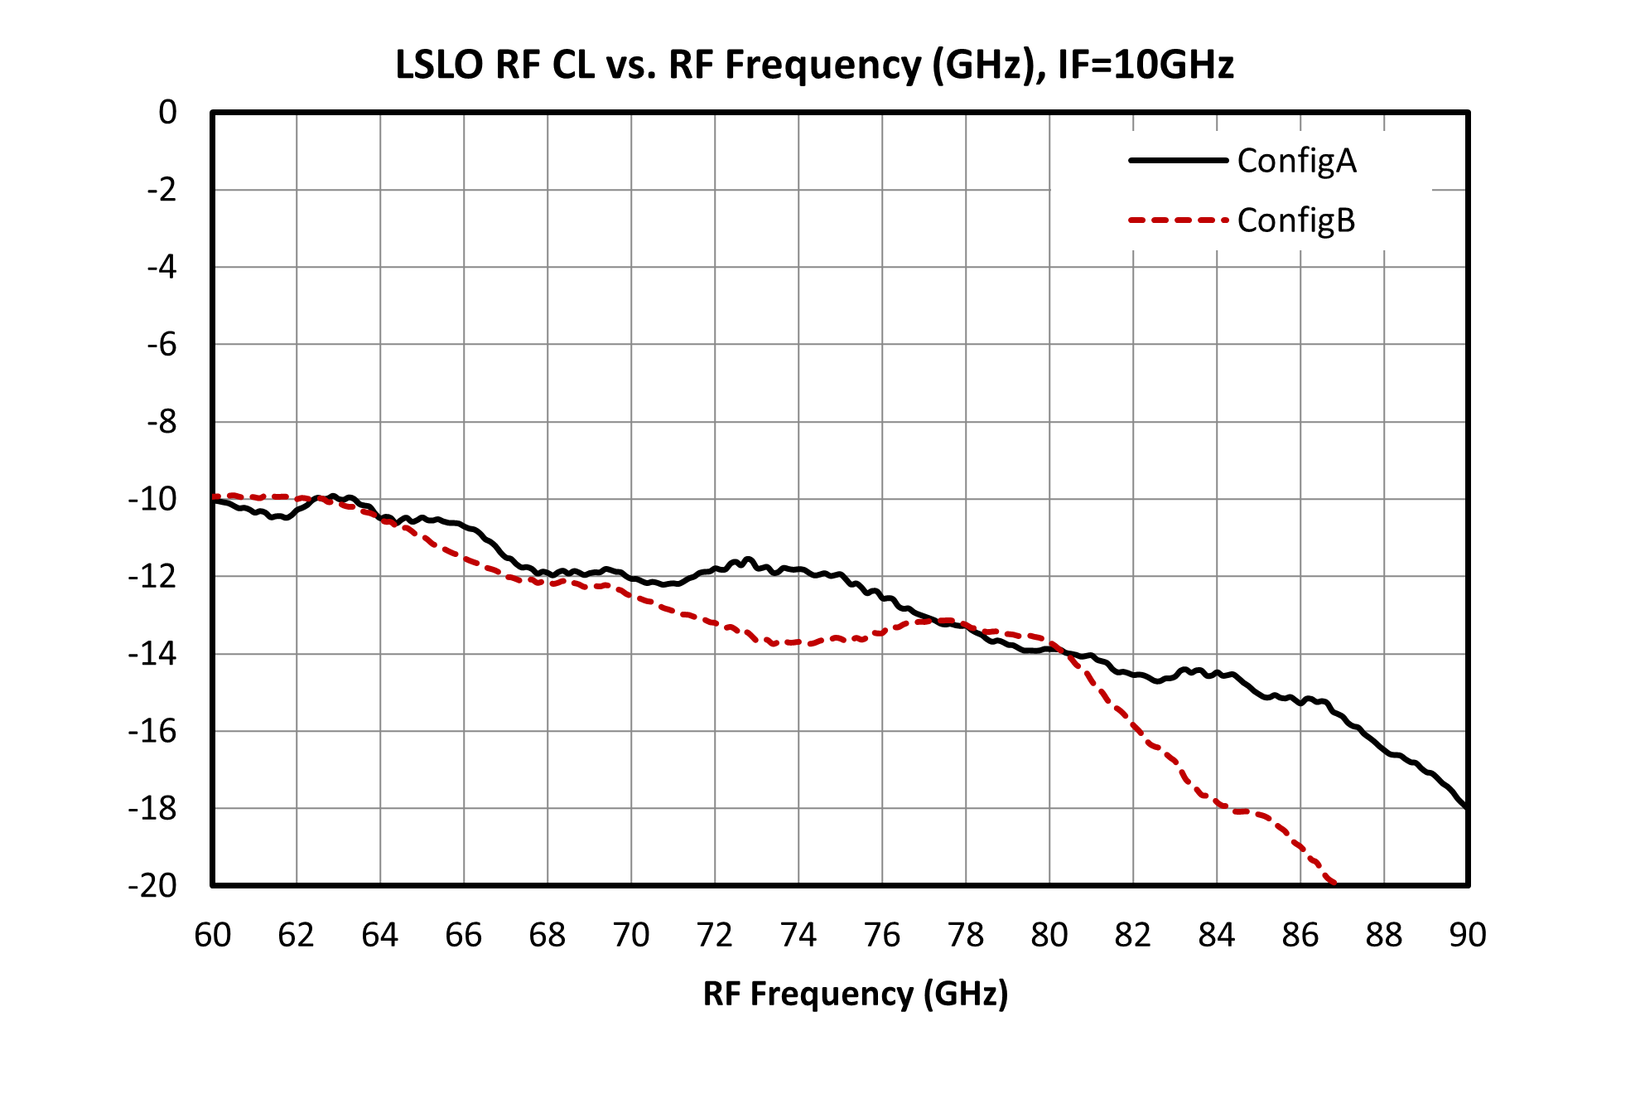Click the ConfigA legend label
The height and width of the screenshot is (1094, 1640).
1297,161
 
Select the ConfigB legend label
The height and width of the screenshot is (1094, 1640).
1296,220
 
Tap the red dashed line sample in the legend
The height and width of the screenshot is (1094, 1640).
1178,220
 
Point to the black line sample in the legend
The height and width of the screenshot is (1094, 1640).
1178,160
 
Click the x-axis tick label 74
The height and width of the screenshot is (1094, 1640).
798,935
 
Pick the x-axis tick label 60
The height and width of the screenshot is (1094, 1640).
213,935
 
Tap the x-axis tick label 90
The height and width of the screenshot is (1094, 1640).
1468,935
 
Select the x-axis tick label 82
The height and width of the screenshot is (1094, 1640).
1133,935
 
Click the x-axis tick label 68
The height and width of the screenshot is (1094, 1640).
547,935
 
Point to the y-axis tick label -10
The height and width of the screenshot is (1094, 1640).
152,499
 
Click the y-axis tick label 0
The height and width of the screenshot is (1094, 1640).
168,112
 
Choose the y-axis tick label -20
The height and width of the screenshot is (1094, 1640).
152,886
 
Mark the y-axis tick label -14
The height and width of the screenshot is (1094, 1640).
152,654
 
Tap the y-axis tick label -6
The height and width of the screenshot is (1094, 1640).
162,344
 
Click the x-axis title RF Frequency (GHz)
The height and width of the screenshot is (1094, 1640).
856,994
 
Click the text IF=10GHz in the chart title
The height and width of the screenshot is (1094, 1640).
1146,65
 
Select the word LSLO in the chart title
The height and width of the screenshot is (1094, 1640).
439,65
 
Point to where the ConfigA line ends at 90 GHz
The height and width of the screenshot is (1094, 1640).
1467,808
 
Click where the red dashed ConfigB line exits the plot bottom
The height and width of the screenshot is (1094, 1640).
1334,884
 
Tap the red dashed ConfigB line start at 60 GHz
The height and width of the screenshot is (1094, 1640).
214,496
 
